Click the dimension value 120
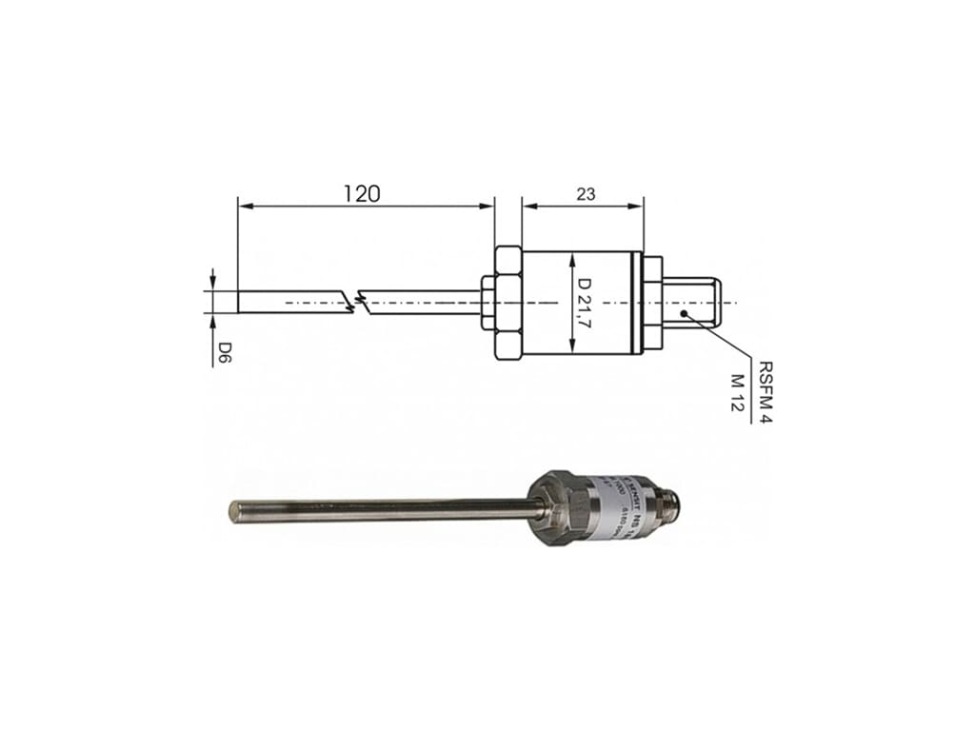tap(362, 193)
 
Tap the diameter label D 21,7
tap(585, 302)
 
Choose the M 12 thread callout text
tap(735, 392)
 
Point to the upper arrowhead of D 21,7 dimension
tap(570, 259)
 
